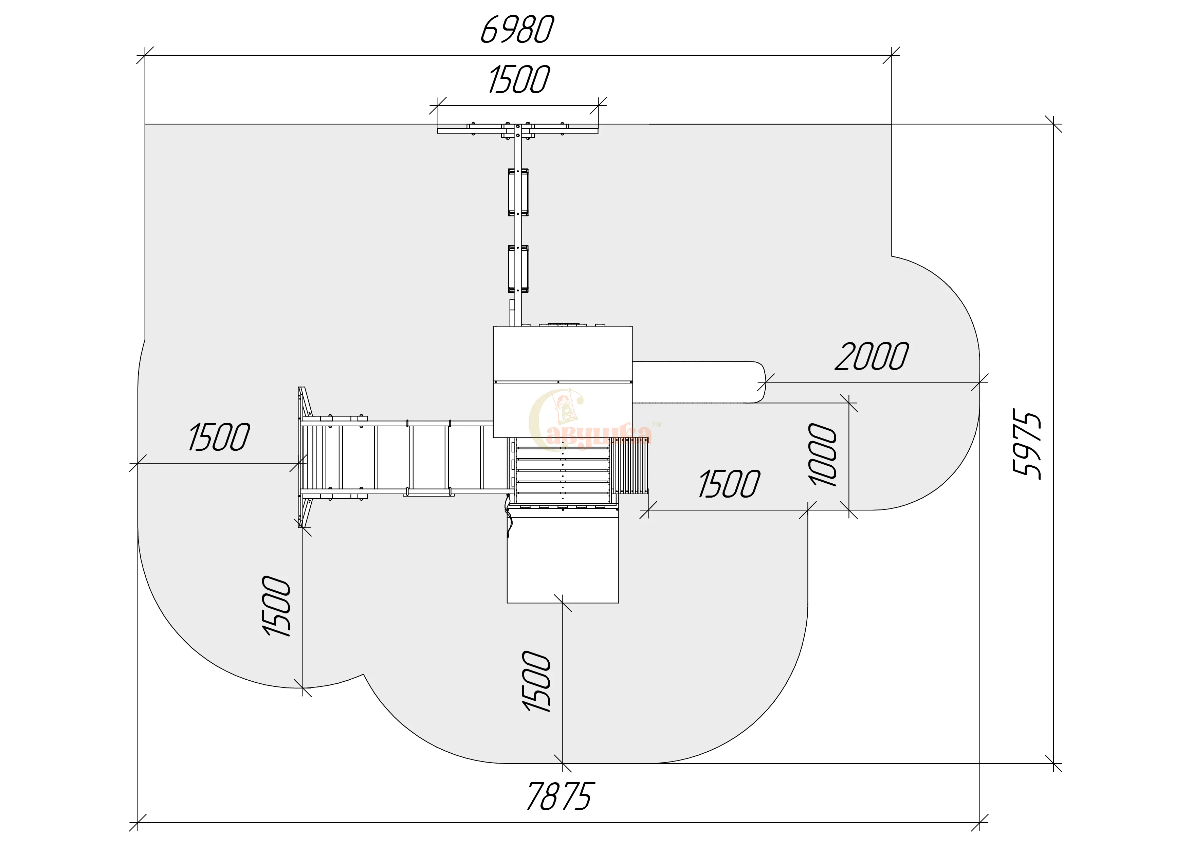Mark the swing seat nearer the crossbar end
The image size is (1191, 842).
tap(518, 192)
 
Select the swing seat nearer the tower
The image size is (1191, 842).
tap(518, 269)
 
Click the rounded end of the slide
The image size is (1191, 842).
tap(760, 382)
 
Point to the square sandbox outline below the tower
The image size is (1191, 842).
tap(563, 560)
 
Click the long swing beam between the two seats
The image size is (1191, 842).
tap(518, 231)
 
